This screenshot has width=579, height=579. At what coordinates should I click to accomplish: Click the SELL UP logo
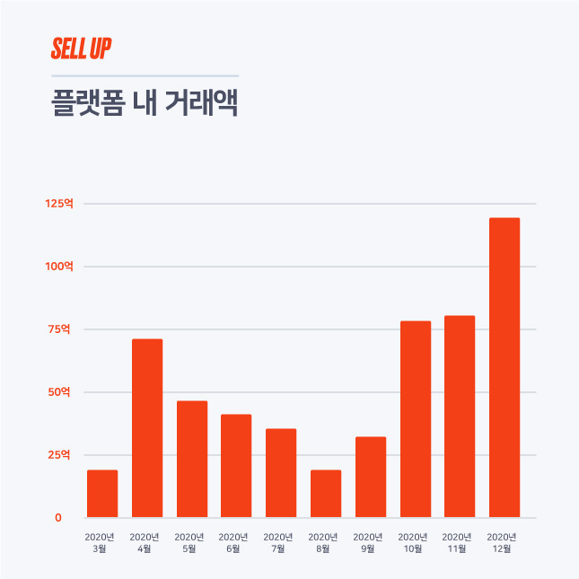[81, 48]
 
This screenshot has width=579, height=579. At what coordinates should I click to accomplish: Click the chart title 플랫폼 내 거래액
[145, 102]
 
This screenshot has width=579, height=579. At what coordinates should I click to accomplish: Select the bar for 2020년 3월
[102, 494]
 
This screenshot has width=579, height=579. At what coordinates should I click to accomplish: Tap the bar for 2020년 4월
[147, 428]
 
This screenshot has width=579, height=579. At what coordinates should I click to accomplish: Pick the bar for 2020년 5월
[192, 459]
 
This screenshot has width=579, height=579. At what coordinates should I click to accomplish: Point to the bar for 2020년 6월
[236, 466]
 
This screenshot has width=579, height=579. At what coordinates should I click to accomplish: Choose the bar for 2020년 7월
[281, 473]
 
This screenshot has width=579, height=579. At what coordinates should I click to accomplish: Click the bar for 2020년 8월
[326, 494]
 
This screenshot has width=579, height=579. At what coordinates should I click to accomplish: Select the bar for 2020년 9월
[371, 477]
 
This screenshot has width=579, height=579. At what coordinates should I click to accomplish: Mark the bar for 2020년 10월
[416, 419]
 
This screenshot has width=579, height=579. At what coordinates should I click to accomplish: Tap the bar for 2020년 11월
[460, 417]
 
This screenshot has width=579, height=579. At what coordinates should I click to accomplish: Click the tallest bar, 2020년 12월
[504, 367]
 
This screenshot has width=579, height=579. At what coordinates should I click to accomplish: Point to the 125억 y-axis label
[59, 204]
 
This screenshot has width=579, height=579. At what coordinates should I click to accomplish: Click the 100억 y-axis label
[59, 267]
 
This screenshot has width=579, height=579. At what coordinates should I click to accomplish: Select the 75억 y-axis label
[59, 329]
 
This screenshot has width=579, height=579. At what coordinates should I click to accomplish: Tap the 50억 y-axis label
[59, 391]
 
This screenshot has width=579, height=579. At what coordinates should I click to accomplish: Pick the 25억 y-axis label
[59, 454]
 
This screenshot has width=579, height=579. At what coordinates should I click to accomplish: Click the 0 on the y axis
[58, 518]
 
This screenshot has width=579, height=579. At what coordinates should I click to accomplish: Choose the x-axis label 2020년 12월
[502, 543]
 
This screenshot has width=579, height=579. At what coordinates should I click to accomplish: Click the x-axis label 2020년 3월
[100, 543]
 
